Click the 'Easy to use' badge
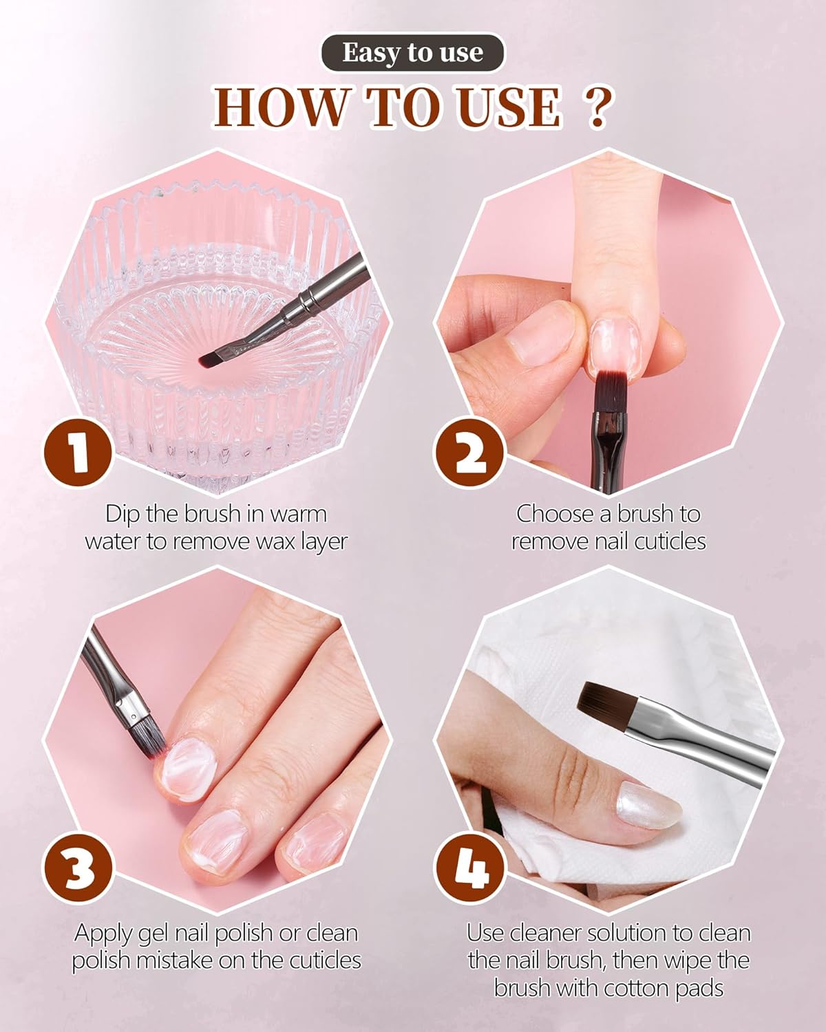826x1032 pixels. tap(413, 52)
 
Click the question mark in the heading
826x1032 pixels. tap(597, 108)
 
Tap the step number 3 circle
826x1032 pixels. tap(78, 868)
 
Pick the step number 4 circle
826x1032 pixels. tap(470, 868)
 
